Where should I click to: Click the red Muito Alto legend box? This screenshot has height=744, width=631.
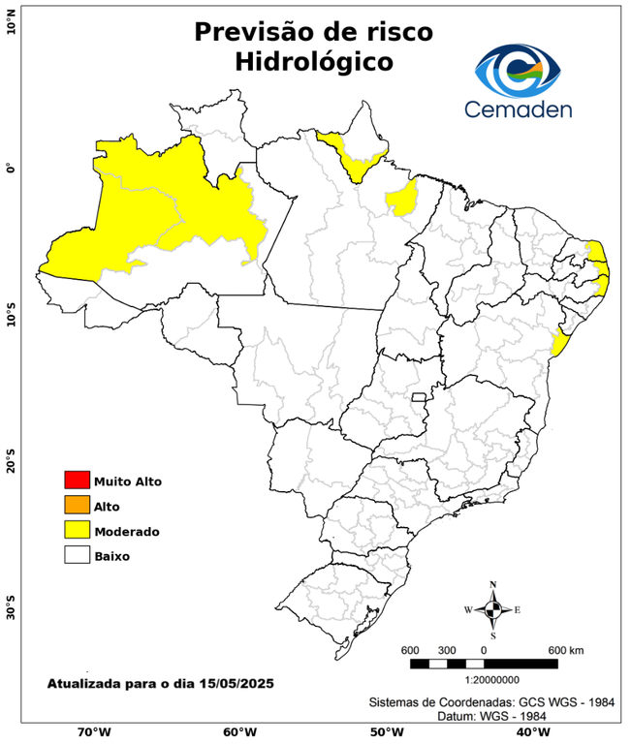coord(77,480)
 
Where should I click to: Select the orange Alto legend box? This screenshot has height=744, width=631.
coord(77,505)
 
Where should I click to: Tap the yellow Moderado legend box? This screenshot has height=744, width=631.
coord(77,530)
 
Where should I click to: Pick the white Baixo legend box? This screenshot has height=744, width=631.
coord(77,555)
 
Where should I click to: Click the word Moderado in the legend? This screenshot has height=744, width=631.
coord(126,531)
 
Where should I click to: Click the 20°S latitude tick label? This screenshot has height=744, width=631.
coord(11,462)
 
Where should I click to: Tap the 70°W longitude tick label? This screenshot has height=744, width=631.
coord(94,732)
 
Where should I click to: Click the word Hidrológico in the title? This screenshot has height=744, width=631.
coord(313,62)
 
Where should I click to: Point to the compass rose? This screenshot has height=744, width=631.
coord(492,609)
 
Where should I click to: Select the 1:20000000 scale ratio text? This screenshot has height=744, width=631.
coord(485,680)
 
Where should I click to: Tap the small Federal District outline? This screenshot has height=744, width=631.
coord(420,397)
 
